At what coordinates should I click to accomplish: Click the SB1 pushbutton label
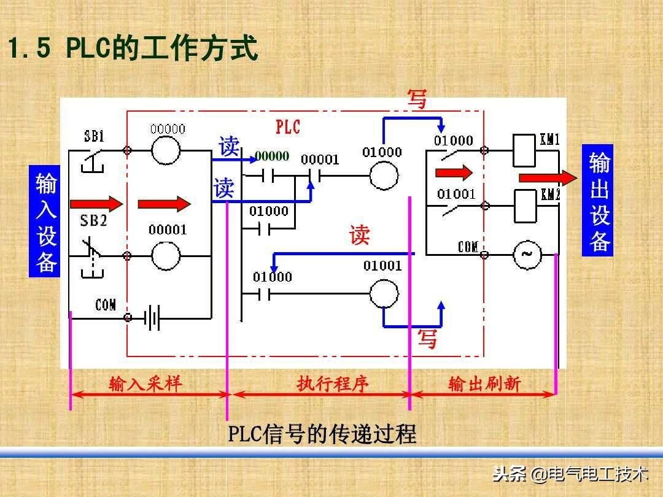click(x=94, y=136)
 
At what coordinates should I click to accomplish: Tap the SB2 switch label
click(x=93, y=221)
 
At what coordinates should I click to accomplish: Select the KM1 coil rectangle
click(x=524, y=150)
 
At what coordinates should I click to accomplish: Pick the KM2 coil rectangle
click(x=525, y=206)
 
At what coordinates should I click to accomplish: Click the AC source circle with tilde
click(x=527, y=255)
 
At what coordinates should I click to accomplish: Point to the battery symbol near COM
click(x=152, y=317)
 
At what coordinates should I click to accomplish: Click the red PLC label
click(x=288, y=127)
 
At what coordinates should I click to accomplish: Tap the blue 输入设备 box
click(x=44, y=221)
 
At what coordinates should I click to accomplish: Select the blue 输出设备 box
click(x=597, y=200)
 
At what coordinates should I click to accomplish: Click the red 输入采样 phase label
click(x=145, y=383)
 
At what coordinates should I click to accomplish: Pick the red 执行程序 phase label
click(x=333, y=383)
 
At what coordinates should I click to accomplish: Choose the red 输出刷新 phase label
click(x=484, y=383)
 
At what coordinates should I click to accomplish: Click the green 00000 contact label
click(x=272, y=156)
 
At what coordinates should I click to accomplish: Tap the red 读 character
click(x=359, y=234)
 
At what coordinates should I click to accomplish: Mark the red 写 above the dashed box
click(x=417, y=99)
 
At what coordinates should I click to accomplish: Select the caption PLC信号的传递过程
click(x=322, y=434)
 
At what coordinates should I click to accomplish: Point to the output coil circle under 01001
click(x=384, y=293)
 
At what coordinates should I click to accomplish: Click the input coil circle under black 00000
click(x=166, y=150)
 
